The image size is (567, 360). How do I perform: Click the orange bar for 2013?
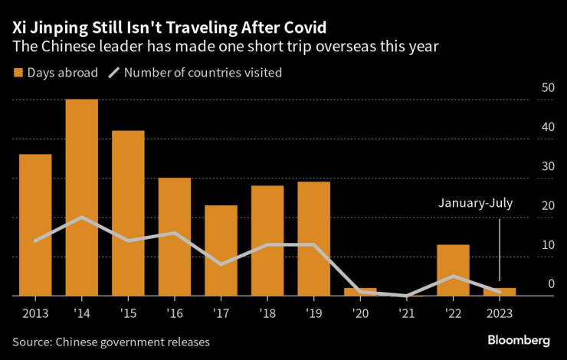pos(35,225)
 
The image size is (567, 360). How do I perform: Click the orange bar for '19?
pos(313,239)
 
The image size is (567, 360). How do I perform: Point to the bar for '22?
pos(453,270)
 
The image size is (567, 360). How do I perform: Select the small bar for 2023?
pos(500,292)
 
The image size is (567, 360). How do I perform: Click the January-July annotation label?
pos(475,204)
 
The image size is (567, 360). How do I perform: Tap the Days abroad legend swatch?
pos(18,73)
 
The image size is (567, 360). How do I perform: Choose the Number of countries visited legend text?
pos(202,73)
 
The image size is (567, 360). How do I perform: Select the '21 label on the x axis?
pos(406,313)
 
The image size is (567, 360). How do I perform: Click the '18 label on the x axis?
pos(267,313)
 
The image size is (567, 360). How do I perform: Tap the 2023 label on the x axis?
pos(500,313)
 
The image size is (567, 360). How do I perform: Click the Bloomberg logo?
pos(519,339)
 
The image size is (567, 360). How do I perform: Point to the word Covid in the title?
pos(302,28)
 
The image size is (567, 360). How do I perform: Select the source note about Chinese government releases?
pos(111,341)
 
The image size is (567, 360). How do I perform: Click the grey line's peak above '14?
pos(82,218)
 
